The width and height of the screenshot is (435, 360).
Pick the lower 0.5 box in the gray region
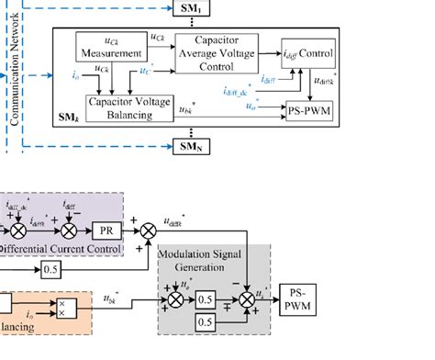click(x=210, y=324)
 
